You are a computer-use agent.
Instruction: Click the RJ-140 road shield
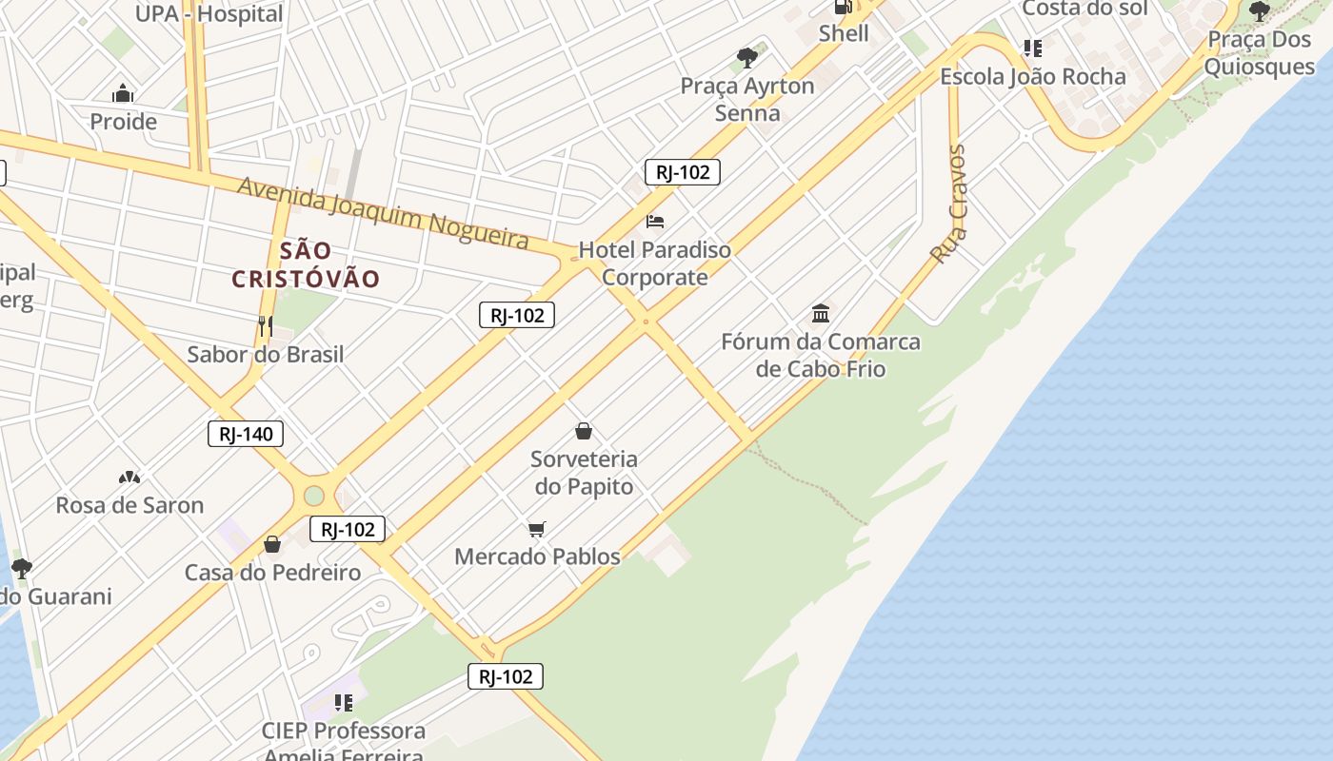[246, 435]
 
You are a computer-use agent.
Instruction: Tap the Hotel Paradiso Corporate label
[655, 263]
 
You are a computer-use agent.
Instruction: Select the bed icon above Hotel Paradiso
[655, 222]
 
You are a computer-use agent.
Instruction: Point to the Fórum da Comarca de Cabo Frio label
[821, 355]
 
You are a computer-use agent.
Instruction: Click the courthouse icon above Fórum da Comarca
[821, 313]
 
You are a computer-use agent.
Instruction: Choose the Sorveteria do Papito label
[584, 472]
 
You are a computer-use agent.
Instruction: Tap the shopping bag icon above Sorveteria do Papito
[584, 432]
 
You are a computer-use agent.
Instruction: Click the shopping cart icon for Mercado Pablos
[537, 529]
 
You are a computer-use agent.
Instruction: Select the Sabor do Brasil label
[265, 355]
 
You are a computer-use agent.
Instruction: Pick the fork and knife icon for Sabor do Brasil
[265, 326]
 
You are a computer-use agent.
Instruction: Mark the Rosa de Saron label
[129, 505]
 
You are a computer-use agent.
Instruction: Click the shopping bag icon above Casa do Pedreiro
[272, 544]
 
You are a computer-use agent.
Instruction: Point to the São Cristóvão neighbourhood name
[306, 265]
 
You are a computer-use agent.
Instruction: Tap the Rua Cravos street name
[948, 205]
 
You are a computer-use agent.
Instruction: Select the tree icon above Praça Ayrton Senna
[747, 58]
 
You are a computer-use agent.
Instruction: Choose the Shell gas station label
[844, 33]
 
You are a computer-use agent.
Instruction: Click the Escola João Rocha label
[1033, 76]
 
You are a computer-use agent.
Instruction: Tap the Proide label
[123, 122]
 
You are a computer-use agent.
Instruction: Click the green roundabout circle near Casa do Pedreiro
[314, 496]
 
